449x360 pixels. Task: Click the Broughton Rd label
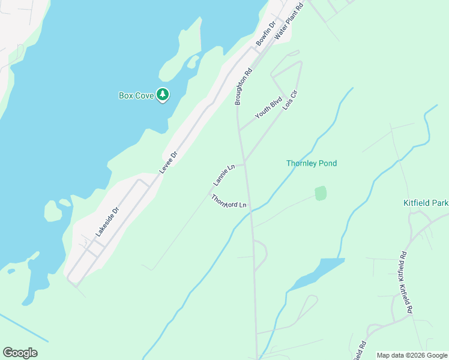(243, 86)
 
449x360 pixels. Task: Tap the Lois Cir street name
(290, 103)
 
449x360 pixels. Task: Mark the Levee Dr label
(169, 163)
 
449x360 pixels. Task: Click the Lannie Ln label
(223, 175)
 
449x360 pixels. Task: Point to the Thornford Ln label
(229, 202)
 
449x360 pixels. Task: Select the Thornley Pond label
(312, 163)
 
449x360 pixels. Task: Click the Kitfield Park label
(426, 203)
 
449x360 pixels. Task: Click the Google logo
(20, 353)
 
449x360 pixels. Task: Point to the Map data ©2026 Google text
(412, 355)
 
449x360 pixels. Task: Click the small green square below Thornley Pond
(321, 193)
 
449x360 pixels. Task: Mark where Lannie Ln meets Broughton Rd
(244, 163)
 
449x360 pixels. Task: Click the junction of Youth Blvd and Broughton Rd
(239, 130)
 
